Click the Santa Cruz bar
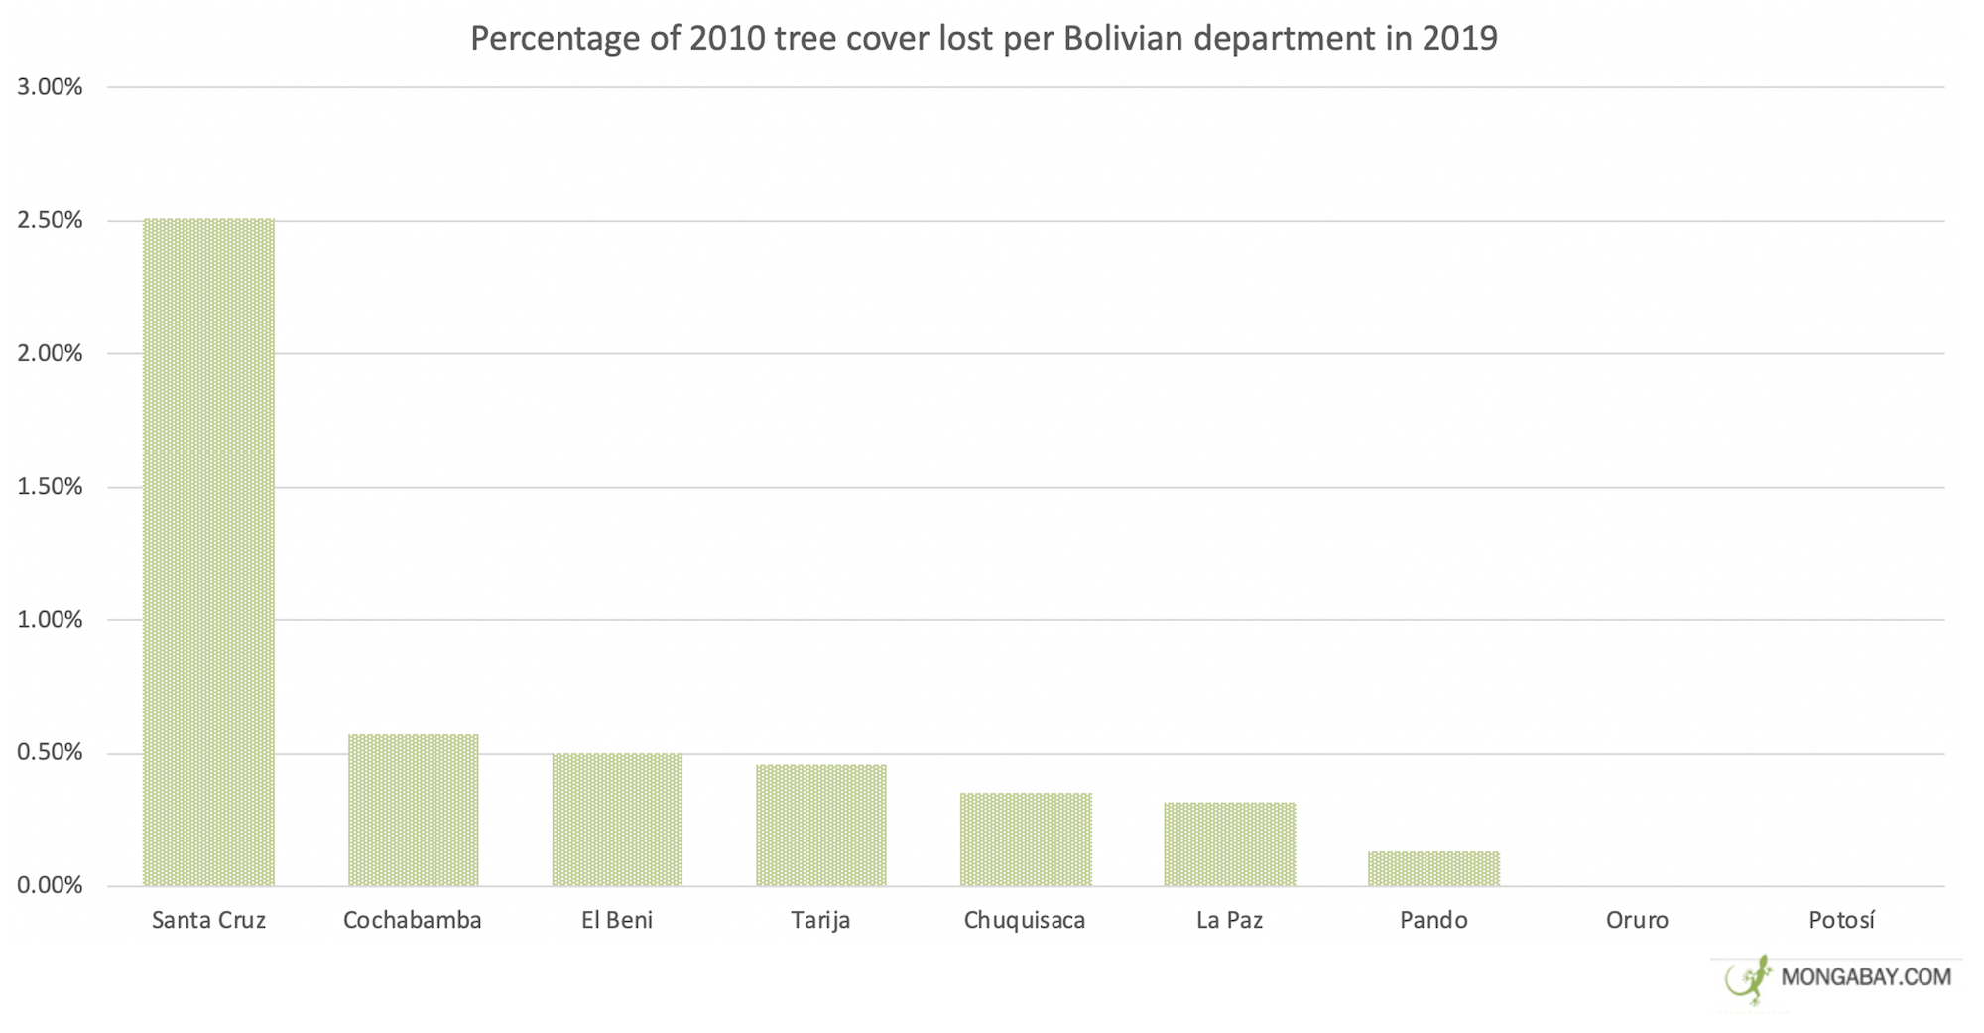pyautogui.click(x=208, y=552)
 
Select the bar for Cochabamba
pyautogui.click(x=413, y=810)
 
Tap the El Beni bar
pyautogui.click(x=617, y=819)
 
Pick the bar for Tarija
pyautogui.click(x=821, y=825)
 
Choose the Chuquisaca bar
pyautogui.click(x=1026, y=839)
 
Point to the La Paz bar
pyautogui.click(x=1230, y=843)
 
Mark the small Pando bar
pyautogui.click(x=1433, y=868)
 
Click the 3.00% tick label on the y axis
pyautogui.click(x=50, y=87)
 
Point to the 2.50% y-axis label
pyautogui.click(x=50, y=220)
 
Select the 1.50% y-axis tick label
pyautogui.click(x=50, y=487)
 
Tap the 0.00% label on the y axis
pyautogui.click(x=50, y=885)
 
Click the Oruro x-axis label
pyautogui.click(x=1637, y=920)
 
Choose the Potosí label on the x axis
pyautogui.click(x=1841, y=920)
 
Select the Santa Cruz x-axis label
pyautogui.click(x=208, y=920)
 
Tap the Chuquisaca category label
pyautogui.click(x=1025, y=920)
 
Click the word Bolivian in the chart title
pyautogui.click(x=1124, y=38)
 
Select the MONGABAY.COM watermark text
pyautogui.click(x=1866, y=977)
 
